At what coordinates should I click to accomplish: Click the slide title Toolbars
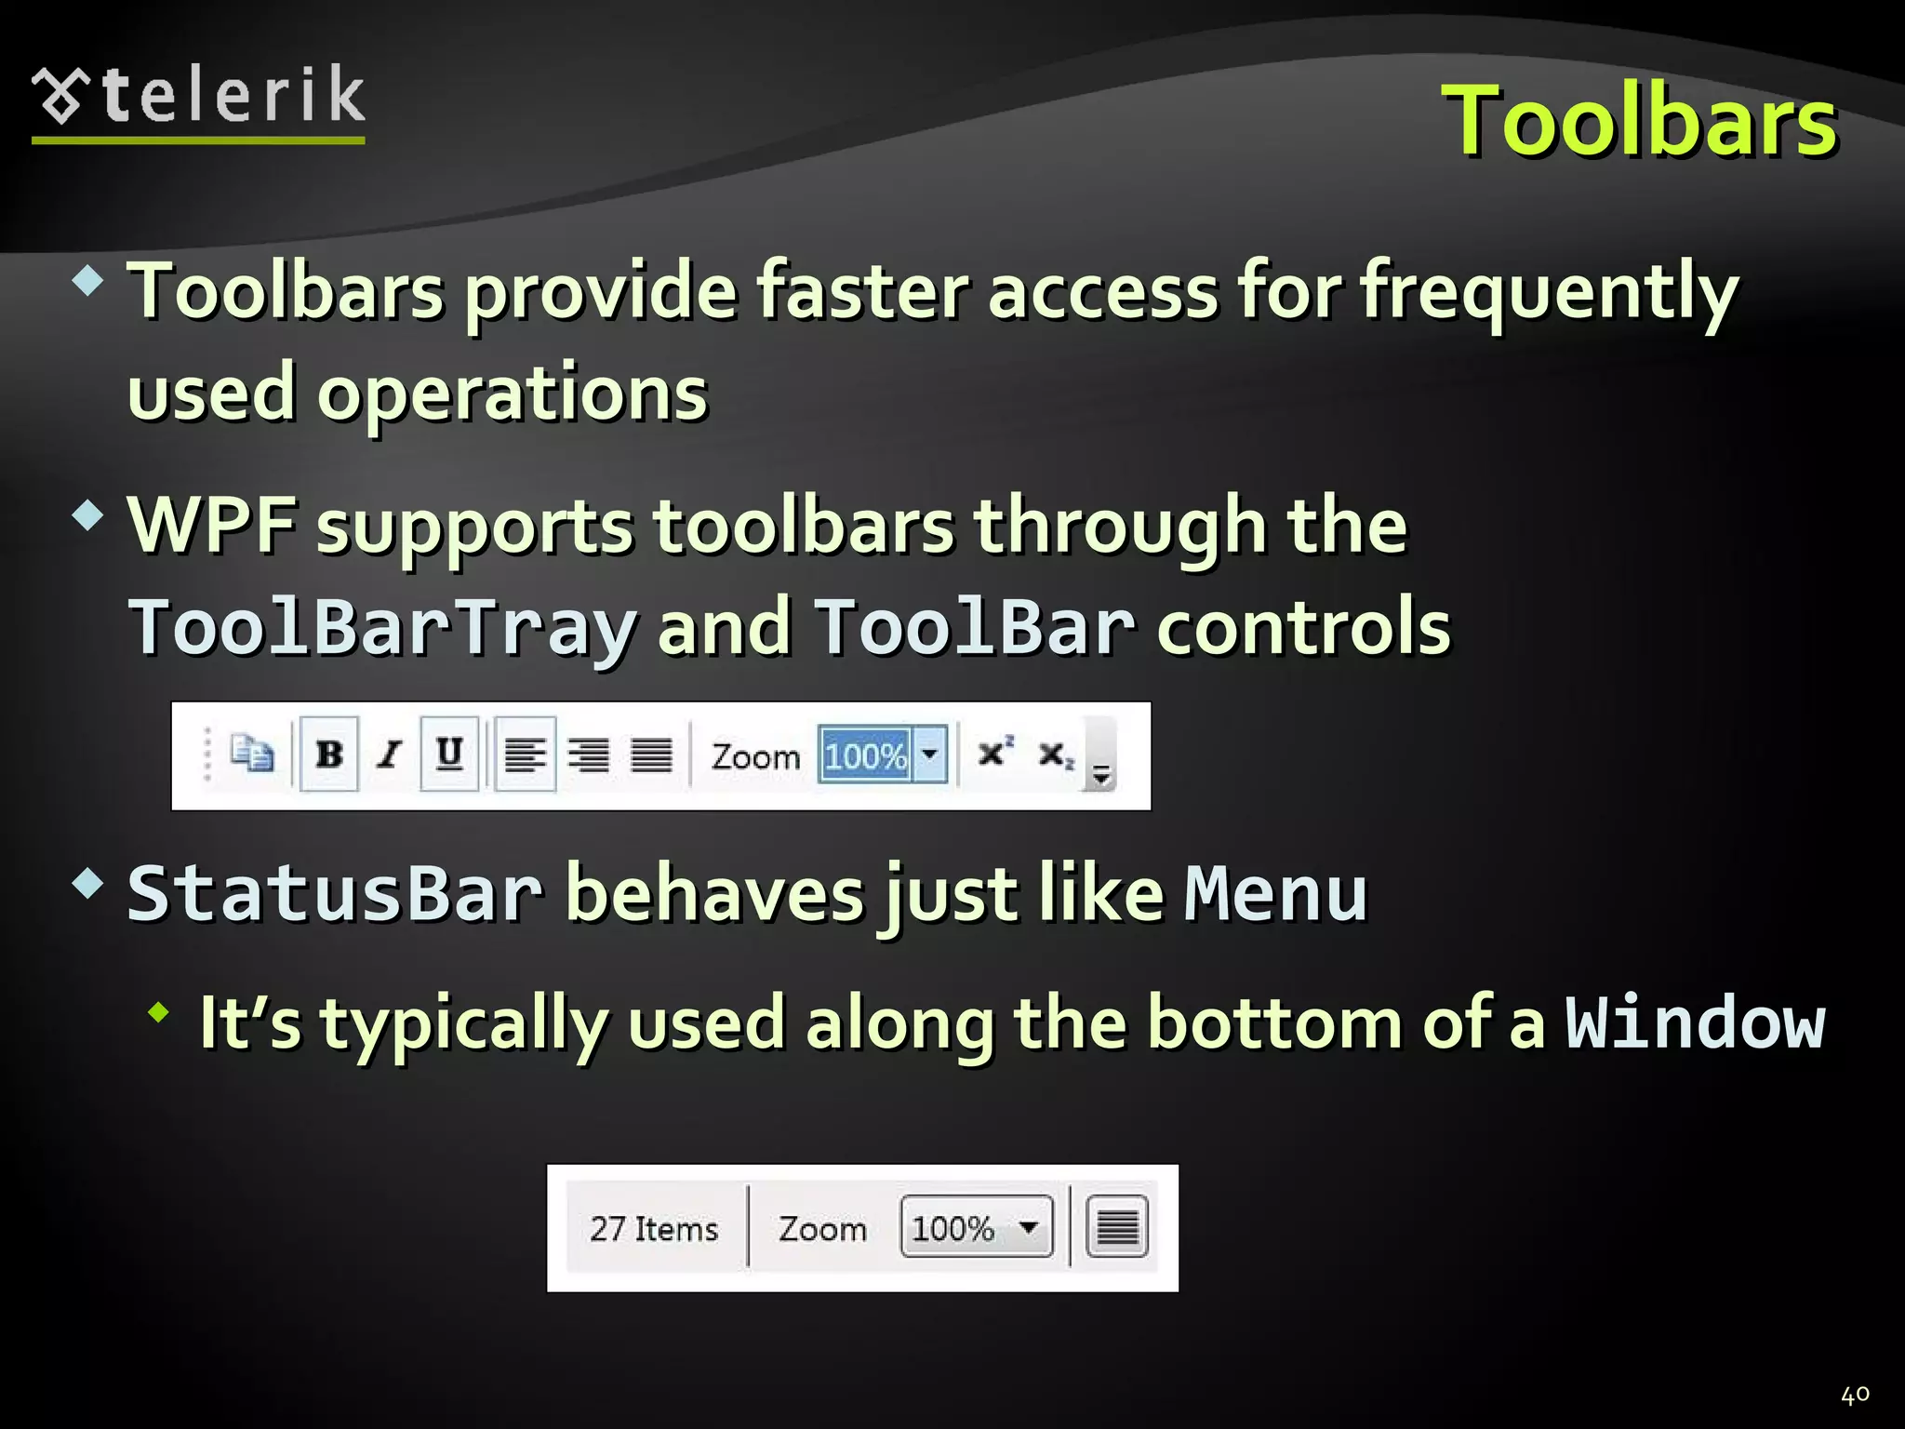coord(1638,121)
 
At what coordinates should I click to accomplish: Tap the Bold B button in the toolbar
coord(329,755)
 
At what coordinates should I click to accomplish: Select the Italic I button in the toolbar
coord(390,755)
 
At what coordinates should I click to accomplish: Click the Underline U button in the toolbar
coord(449,754)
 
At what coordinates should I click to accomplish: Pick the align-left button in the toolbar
coord(526,755)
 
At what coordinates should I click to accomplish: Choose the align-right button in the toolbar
coord(589,755)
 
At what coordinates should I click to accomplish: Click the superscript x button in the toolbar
coord(994,752)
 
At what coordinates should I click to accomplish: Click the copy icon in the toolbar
coord(252,754)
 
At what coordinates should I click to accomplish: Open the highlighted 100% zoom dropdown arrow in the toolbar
coord(929,755)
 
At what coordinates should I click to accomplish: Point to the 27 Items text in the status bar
coord(654,1229)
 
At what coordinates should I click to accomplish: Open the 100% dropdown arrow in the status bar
coord(1029,1227)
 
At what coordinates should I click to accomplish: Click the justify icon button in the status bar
coord(1117,1228)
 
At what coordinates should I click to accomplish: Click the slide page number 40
coord(1855,1395)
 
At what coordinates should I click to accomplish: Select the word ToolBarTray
coord(382,628)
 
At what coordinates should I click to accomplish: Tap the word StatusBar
coord(335,894)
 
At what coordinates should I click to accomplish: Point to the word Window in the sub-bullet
coord(1695,1023)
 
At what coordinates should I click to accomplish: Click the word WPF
coord(212,526)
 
